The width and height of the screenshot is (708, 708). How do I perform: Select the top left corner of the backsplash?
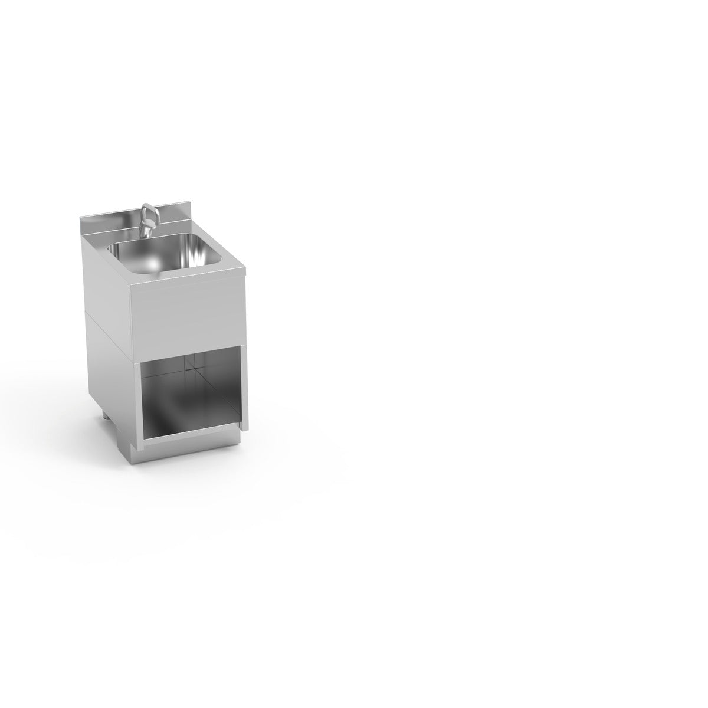pos(81,217)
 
